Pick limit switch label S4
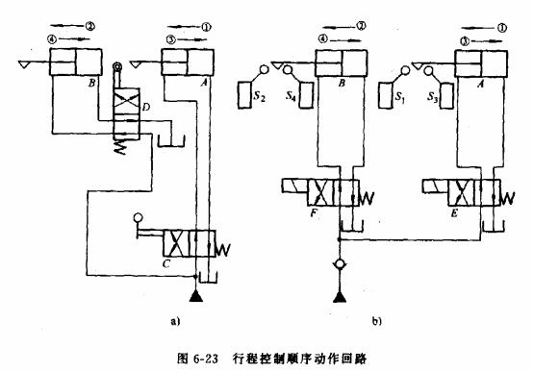291,97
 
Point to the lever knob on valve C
140,217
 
